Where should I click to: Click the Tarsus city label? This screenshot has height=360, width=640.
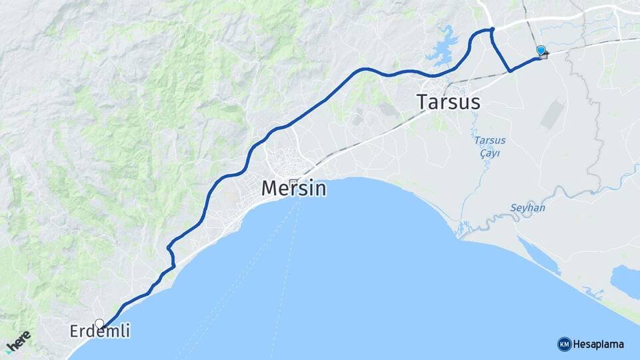pos(448,102)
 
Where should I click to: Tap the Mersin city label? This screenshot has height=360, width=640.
pos(294,188)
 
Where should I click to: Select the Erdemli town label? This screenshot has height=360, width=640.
pos(100,331)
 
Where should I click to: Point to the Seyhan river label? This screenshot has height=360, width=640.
pos(527,208)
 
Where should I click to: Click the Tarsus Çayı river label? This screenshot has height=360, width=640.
pos(489,147)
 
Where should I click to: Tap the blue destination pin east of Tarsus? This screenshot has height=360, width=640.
pos(541,51)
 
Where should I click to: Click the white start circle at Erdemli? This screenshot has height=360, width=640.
pos(99,323)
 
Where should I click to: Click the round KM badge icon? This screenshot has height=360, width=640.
pos(564,344)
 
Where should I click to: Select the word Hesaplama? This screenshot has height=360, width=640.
pos(598,344)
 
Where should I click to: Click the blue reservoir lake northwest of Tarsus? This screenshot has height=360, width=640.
pos(440,46)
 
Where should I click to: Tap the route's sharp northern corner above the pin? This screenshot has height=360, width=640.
pos(492,29)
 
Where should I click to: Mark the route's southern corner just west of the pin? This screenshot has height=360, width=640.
pos(510,70)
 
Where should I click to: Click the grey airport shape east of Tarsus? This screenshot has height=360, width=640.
pos(552,113)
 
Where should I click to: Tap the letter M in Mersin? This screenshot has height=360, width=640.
pos(270,188)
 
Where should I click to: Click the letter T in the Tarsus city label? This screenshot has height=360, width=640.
pos(422,102)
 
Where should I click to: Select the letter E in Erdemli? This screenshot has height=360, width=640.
pos(75,331)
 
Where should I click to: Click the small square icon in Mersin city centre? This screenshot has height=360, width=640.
pos(293,181)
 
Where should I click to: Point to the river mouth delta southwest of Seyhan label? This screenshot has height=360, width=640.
pos(463,231)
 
